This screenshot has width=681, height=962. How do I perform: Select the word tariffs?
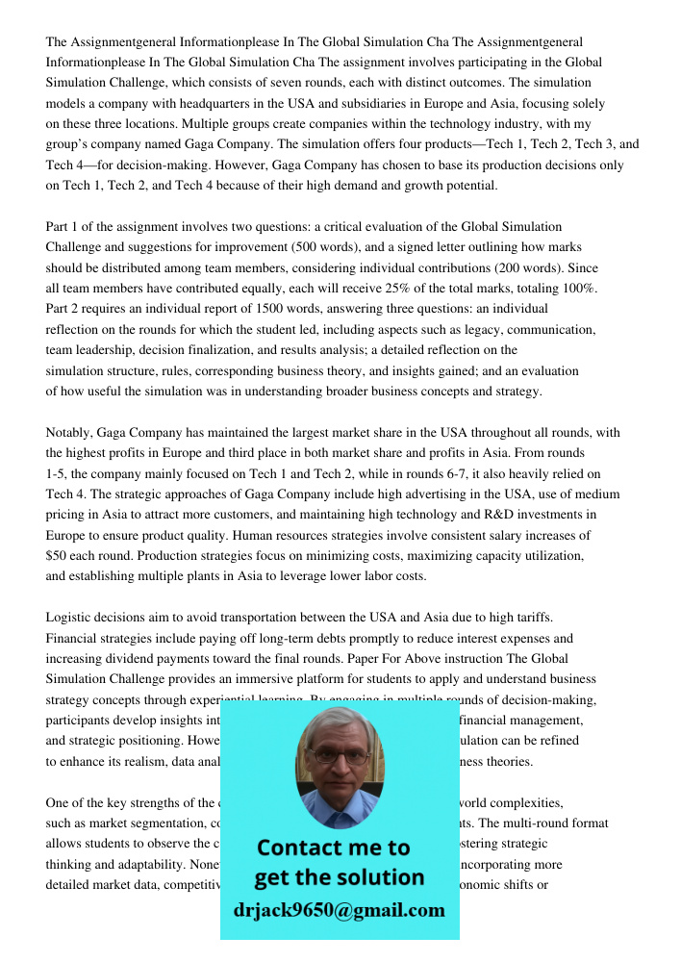(x=530, y=618)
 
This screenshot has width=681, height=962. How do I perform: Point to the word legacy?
(x=464, y=330)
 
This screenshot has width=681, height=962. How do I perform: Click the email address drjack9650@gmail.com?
(x=339, y=910)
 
